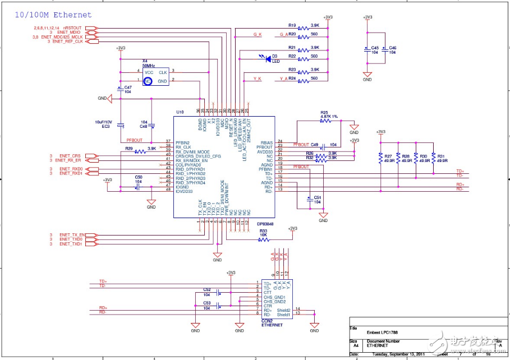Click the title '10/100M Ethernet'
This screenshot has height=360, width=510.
[x=53, y=15]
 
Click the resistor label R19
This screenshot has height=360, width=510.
[x=292, y=25]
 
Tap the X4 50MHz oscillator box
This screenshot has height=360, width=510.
[x=155, y=77]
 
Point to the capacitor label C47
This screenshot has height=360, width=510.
[x=128, y=87]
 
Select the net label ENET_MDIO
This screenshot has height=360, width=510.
[x=71, y=33]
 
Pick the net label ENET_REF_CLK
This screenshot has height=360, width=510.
[x=67, y=41]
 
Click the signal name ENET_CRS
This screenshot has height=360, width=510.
[x=70, y=155]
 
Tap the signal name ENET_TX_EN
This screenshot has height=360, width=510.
[x=72, y=234]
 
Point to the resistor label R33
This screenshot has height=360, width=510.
[x=263, y=231]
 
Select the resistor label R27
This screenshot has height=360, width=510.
[x=388, y=156]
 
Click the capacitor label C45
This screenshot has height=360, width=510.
[x=375, y=48]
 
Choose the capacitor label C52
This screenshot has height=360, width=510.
[x=206, y=289]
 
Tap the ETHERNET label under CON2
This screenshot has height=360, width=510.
[x=272, y=325]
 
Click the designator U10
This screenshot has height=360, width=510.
[x=180, y=112]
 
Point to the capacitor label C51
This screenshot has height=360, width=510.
[x=318, y=197]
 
